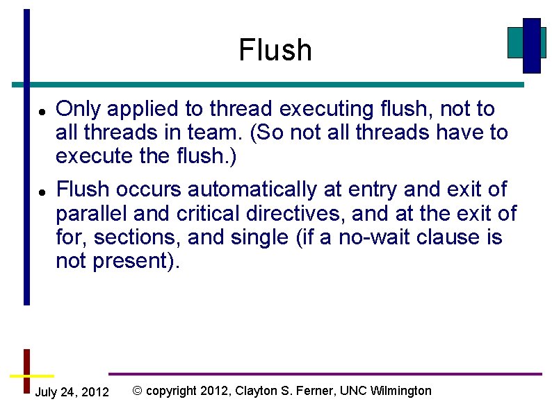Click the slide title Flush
275,50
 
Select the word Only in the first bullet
76,109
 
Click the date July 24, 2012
72,392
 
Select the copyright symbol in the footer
137,391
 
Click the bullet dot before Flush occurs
42,190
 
